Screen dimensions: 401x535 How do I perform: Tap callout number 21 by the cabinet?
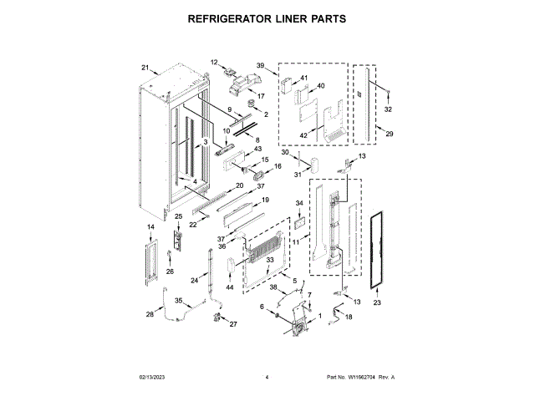[x=145, y=68]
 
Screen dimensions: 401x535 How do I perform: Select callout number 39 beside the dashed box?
[x=260, y=66]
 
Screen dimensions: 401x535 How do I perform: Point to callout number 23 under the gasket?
[x=376, y=302]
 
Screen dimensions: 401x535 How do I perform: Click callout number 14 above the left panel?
[x=150, y=227]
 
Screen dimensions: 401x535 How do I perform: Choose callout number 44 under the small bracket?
[x=230, y=287]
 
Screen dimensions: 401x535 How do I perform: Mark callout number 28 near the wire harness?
[x=150, y=314]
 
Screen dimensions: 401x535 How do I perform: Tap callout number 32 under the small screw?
[x=388, y=109]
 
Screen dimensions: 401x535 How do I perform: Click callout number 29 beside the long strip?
[x=389, y=134]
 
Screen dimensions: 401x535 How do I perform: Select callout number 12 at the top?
[x=213, y=61]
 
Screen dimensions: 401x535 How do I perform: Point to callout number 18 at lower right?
[x=349, y=317]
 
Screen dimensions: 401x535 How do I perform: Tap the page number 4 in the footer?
[x=266, y=378]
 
